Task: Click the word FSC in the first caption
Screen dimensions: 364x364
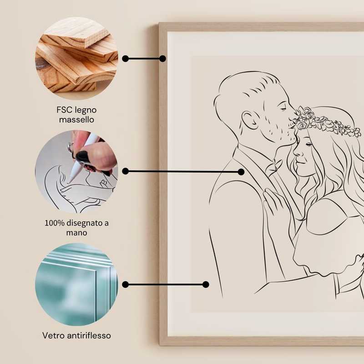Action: [x=63, y=110]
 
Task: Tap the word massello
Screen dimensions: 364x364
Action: [x=76, y=120]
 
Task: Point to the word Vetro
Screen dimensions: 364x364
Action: [x=53, y=335]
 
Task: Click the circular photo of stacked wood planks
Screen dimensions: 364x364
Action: [x=76, y=59]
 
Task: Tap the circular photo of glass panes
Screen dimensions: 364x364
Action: [x=76, y=284]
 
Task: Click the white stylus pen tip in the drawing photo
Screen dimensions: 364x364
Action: [x=71, y=179]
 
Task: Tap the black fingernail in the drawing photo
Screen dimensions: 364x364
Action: [x=82, y=156]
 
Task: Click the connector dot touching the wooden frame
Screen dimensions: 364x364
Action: [x=162, y=59]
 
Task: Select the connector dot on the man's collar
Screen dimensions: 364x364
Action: [x=241, y=172]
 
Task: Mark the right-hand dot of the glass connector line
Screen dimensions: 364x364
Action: [x=206, y=284]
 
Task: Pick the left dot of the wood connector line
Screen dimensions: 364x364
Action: [x=126, y=59]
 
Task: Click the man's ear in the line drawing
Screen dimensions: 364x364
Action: [x=249, y=120]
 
